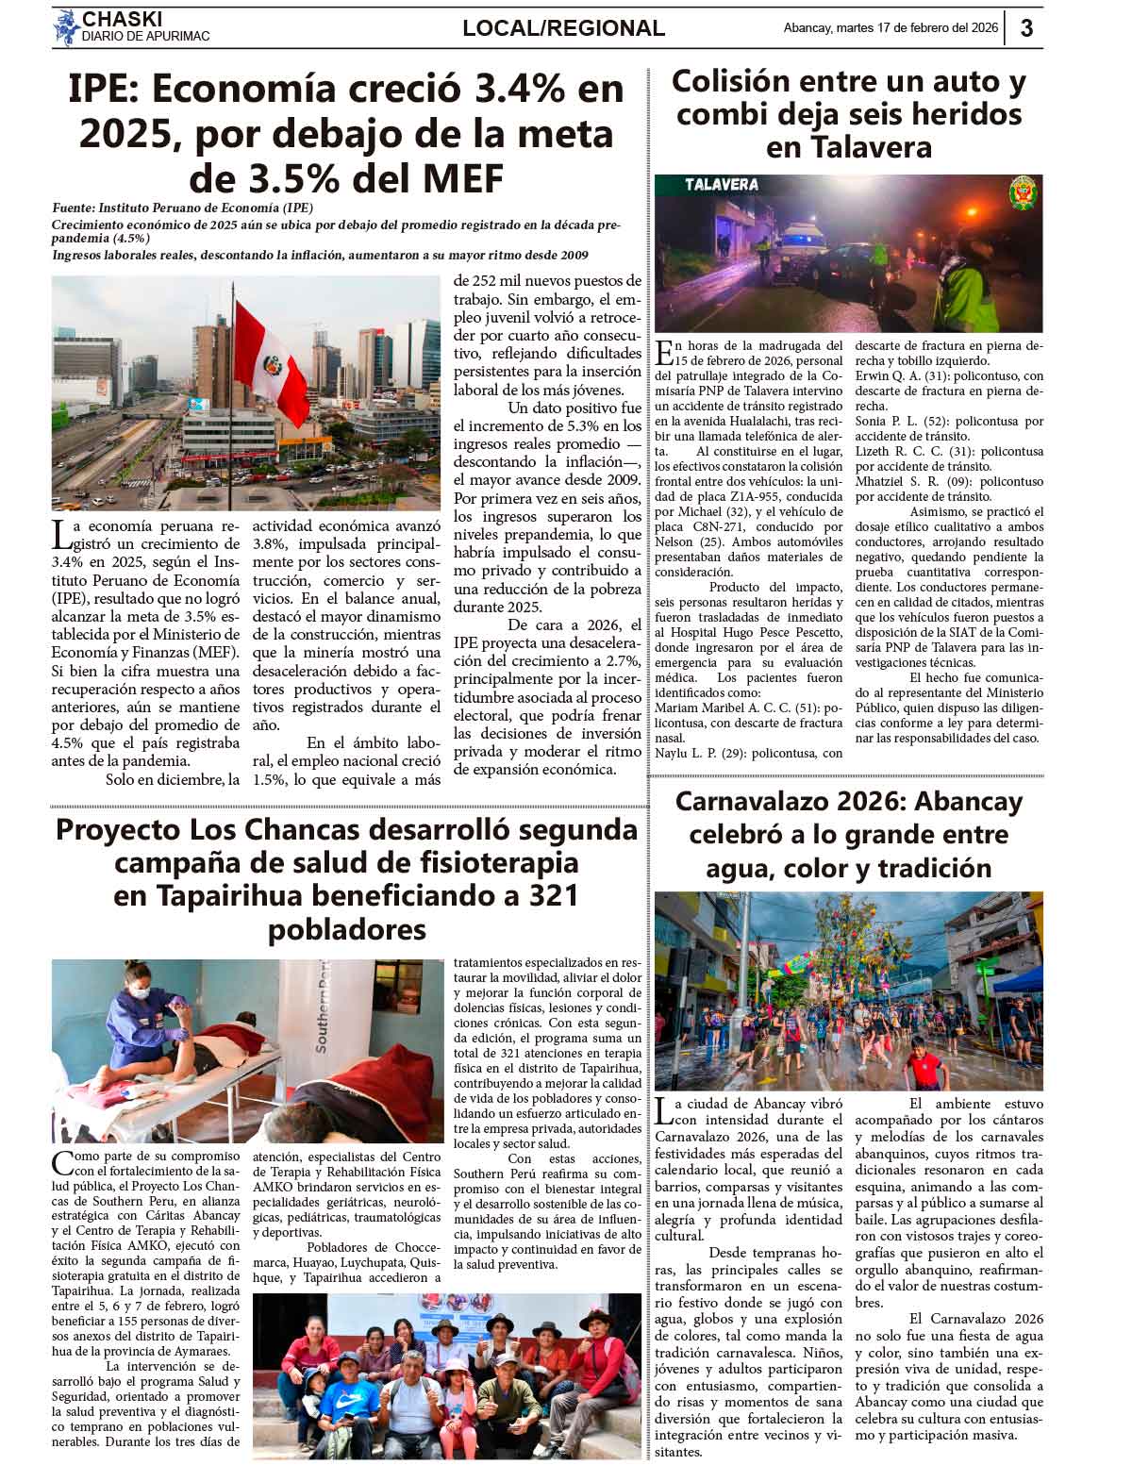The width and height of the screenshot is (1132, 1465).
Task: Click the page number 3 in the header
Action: point(1026,28)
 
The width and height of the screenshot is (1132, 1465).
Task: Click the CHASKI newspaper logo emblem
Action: point(65,27)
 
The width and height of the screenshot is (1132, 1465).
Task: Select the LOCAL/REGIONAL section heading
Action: point(563,28)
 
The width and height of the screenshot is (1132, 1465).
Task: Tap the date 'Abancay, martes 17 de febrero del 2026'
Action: point(890,28)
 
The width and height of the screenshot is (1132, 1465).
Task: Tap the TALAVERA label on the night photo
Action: point(722,185)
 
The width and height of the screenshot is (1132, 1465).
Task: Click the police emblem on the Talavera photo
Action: point(1022,194)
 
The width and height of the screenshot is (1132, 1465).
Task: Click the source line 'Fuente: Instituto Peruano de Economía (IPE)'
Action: point(183,208)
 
